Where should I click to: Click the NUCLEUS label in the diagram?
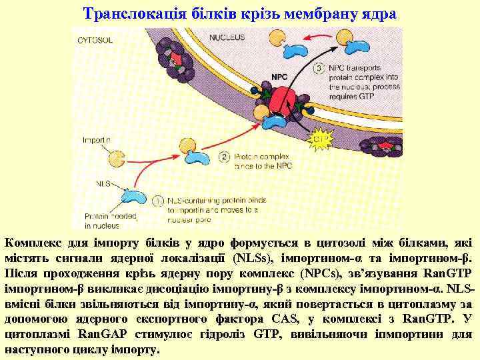(x=227, y=37)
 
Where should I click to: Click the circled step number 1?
(x=158, y=200)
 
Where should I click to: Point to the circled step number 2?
(x=223, y=157)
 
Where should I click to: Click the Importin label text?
(x=97, y=141)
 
